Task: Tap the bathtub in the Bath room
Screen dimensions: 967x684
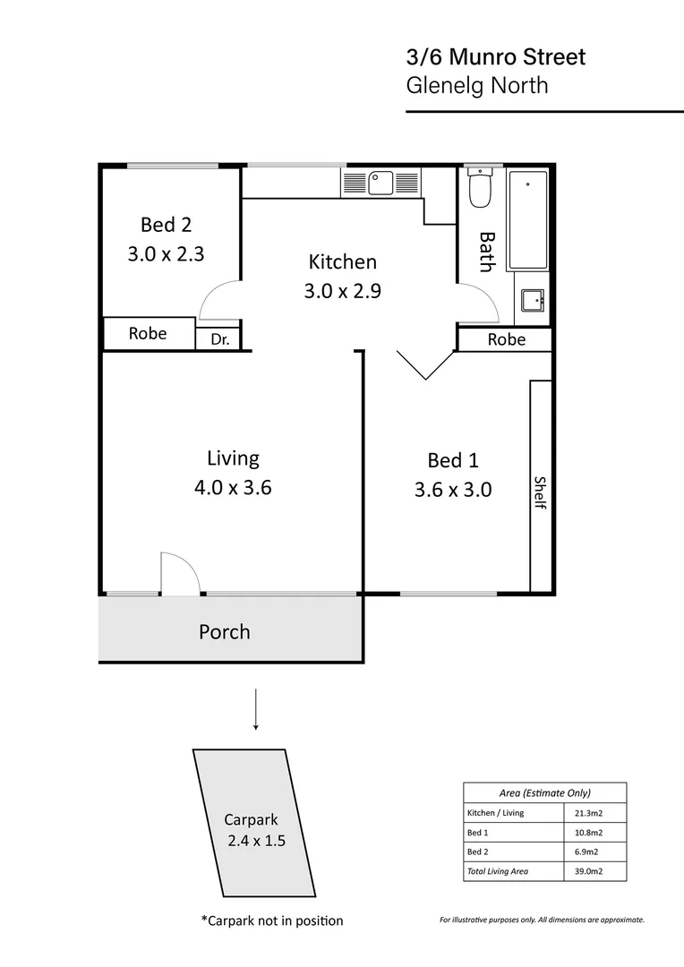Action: click(528, 219)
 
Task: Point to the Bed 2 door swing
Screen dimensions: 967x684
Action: click(219, 300)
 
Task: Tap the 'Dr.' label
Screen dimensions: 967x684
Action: click(219, 339)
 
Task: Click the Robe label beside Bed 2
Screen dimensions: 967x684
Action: click(148, 333)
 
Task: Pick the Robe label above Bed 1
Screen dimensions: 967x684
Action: click(506, 339)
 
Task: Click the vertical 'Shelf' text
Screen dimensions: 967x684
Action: click(540, 492)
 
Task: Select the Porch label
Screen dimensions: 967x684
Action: click(224, 632)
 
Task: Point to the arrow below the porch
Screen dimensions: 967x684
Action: click(256, 709)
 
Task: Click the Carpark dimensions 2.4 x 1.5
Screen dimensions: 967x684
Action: click(256, 841)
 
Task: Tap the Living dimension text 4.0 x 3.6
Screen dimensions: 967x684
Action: click(232, 488)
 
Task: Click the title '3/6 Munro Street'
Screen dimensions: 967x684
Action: click(496, 58)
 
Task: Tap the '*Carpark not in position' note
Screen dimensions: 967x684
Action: click(271, 920)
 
